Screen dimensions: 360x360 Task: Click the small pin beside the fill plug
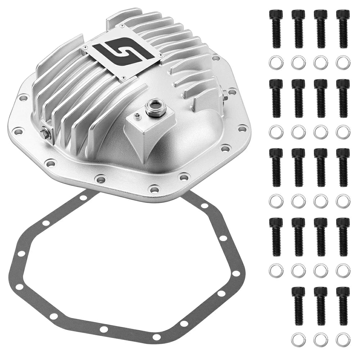tap(137, 115)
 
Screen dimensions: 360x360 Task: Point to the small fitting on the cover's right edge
tap(225, 95)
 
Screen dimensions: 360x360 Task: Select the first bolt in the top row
tap(276, 28)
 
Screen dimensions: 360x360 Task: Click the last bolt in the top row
tap(343, 28)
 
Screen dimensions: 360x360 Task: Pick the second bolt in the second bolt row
tap(298, 98)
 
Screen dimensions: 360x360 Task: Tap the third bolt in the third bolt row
tap(320, 167)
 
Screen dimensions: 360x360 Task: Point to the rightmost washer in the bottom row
tap(343, 339)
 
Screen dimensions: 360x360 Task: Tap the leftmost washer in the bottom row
tap(298, 339)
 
